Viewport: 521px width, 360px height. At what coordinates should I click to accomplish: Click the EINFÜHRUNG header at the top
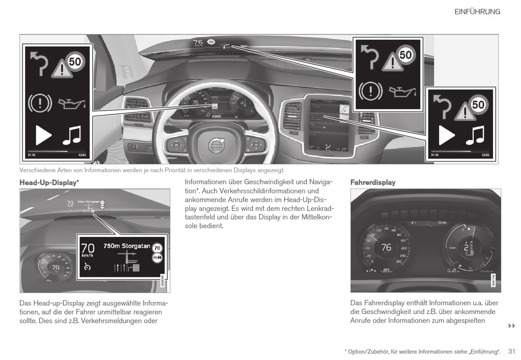(477, 12)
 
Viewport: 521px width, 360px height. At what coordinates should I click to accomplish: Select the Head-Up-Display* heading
(49, 182)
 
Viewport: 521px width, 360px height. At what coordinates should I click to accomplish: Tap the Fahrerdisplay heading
(372, 182)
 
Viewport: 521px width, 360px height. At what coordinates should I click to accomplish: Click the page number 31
(512, 351)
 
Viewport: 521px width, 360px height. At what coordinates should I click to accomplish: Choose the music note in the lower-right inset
(476, 135)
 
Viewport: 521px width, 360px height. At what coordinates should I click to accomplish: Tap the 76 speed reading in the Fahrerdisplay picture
(386, 248)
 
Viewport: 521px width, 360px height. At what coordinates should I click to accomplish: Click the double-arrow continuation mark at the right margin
(511, 326)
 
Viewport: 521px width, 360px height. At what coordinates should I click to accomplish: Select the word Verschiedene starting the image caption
(36, 170)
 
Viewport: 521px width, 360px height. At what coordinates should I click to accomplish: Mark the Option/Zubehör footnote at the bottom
(422, 351)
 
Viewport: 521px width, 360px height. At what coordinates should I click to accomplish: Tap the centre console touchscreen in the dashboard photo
(329, 122)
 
